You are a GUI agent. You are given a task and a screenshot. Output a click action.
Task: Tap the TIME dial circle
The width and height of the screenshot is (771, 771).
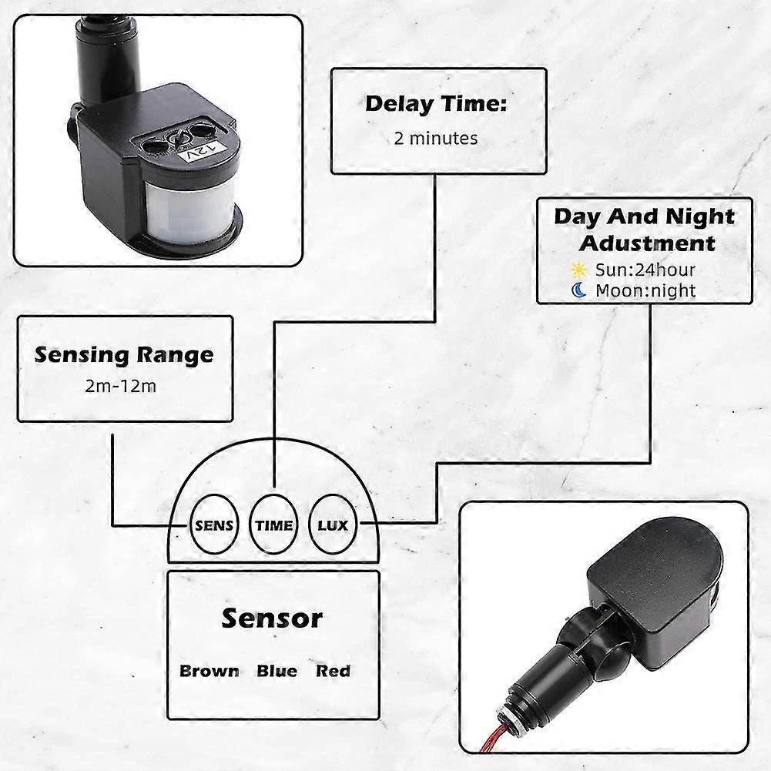coord(274,526)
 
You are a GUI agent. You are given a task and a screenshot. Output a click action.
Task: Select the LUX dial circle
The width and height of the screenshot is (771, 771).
coord(333,526)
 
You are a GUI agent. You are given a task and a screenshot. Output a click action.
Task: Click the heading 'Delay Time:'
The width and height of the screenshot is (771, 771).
coord(437,104)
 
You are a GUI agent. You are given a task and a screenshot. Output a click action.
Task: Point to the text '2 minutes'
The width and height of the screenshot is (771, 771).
coord(436,139)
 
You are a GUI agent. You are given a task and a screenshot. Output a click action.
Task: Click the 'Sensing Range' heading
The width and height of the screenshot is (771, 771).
coord(125,355)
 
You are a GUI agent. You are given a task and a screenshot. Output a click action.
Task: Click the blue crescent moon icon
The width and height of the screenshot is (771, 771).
coord(579,290)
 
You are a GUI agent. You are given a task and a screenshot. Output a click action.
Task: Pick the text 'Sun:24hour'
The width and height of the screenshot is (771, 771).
coord(645,270)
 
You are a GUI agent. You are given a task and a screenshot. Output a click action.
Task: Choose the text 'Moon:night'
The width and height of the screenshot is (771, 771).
coord(645,290)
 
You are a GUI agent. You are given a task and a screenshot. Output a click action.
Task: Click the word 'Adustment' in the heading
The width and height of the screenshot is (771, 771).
coord(647,243)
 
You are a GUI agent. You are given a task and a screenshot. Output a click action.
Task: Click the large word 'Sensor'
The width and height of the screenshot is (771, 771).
coord(272,618)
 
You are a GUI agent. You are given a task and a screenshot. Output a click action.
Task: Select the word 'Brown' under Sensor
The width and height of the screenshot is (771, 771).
coord(210,671)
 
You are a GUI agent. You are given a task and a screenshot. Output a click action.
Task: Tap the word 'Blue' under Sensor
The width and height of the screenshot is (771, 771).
coord(277,671)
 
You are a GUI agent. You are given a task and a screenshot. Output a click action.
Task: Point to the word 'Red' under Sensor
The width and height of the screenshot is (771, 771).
coord(333,671)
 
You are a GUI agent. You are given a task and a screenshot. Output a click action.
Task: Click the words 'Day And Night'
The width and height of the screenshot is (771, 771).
coord(644,216)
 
